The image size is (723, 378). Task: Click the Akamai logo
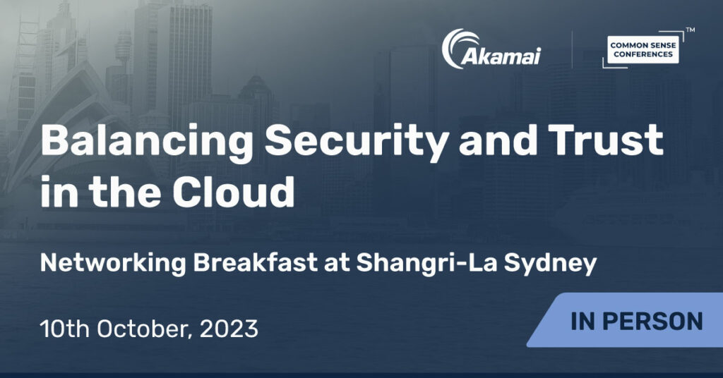tap(491, 49)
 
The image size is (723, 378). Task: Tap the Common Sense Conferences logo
tap(643, 49)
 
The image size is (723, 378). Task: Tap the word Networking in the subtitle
tap(113, 263)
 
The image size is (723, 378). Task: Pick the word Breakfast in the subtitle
tap(256, 263)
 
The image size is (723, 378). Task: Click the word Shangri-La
tap(426, 264)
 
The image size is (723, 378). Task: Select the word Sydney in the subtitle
tap(550, 264)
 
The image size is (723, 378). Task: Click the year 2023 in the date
tap(229, 329)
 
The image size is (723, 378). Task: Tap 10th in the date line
tap(64, 329)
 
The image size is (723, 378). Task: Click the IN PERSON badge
tap(626, 320)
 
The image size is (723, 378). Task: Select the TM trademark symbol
tap(691, 30)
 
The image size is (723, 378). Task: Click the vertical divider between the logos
tap(572, 49)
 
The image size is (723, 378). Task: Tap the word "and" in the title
tap(498, 141)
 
